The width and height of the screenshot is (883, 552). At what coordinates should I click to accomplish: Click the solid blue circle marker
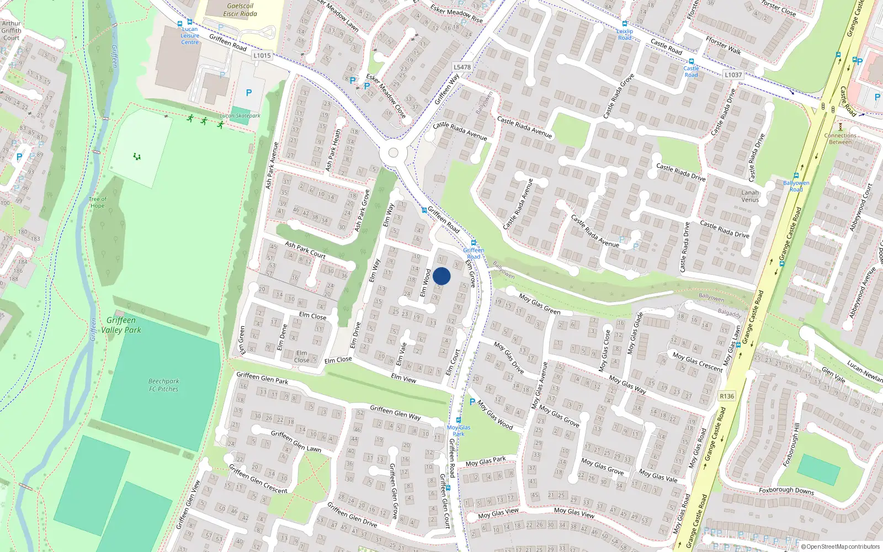(x=441, y=276)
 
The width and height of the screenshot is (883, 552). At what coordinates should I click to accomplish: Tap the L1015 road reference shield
(x=262, y=55)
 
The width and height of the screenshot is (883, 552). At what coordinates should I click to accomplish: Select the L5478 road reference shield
(x=462, y=67)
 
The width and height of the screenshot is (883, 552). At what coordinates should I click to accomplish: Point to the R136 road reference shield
(x=727, y=396)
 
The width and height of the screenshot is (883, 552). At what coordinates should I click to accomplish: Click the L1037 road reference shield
(x=733, y=75)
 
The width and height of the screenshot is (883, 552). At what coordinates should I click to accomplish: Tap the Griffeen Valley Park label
(x=121, y=325)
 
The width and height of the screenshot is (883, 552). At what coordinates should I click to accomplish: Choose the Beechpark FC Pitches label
(x=163, y=385)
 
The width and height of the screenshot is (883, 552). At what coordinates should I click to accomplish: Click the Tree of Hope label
(x=98, y=203)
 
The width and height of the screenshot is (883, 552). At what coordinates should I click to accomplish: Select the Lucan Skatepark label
(x=240, y=116)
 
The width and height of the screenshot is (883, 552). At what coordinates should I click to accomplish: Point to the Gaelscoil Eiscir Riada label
(x=240, y=10)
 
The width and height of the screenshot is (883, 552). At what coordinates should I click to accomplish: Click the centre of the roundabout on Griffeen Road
(x=393, y=153)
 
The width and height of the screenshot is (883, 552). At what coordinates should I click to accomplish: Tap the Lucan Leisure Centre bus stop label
(x=190, y=36)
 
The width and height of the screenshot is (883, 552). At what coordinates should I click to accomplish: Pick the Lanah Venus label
(x=750, y=196)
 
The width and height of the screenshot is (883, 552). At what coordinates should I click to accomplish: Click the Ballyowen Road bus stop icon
(x=796, y=176)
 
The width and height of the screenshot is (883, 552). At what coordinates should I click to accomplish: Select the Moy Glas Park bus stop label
(x=459, y=431)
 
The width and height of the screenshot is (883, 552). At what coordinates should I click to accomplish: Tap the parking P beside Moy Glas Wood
(x=472, y=402)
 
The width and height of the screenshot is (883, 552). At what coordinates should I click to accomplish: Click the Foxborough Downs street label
(x=786, y=490)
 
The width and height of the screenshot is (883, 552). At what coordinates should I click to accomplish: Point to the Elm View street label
(x=403, y=378)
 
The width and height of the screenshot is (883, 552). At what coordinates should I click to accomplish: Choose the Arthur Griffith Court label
(x=11, y=31)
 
